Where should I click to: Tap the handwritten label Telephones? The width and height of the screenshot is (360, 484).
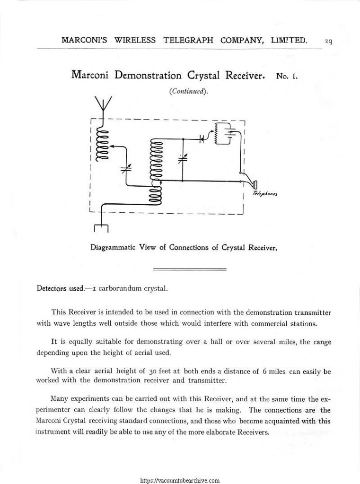coord(264,194)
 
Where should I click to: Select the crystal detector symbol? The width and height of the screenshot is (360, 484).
coord(202,139)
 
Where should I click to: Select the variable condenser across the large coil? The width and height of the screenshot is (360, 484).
coord(183,158)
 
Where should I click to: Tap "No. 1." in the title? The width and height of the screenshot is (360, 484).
coord(285,76)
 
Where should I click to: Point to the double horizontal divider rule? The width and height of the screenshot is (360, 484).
coord(190,269)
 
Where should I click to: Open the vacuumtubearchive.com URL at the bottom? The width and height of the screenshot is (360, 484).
coord(180,480)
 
